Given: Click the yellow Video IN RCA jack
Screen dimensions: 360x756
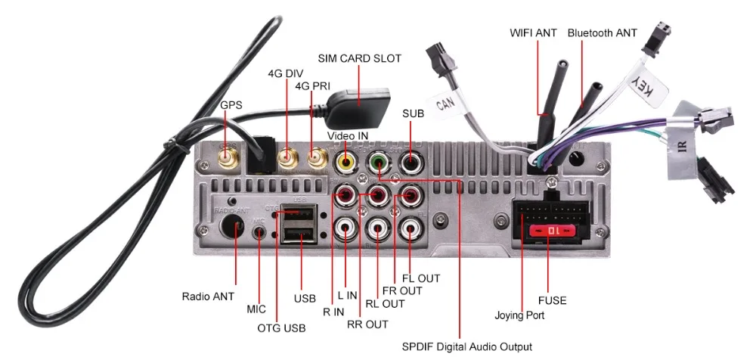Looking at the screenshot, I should tap(346, 161).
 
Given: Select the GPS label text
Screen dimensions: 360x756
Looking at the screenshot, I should tap(231, 104).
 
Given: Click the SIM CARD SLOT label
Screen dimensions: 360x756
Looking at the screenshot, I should tap(359, 57).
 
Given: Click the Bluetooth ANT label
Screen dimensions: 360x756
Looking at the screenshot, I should tap(603, 33).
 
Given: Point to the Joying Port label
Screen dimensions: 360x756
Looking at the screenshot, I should tap(519, 315).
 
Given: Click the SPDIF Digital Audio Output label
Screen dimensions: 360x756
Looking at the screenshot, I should tap(467, 346).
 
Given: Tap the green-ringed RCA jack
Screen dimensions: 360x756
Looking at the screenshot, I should tap(378, 161).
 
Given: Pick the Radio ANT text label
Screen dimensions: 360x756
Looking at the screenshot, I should tap(208, 295).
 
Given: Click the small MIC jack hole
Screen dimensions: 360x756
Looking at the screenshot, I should tap(260, 231).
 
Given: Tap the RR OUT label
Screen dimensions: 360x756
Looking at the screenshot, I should tap(367, 324).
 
